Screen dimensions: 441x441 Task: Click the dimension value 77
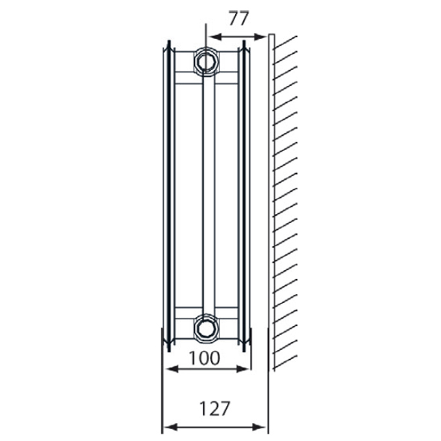pos(237,19)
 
